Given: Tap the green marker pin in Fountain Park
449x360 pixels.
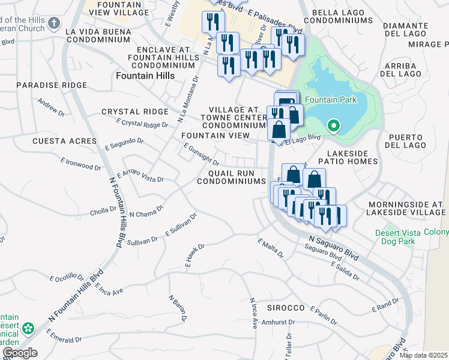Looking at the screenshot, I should [x=334, y=126].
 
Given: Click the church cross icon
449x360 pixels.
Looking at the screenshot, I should [x=53, y=23].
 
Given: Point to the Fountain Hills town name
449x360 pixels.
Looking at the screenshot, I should [x=145, y=76].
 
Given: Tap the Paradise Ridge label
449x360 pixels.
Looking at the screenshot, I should [x=52, y=85].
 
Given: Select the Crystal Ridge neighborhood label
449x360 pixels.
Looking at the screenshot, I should [x=134, y=112].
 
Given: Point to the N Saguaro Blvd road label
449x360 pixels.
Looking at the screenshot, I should [x=334, y=247].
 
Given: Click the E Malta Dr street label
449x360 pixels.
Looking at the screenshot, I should [x=271, y=249].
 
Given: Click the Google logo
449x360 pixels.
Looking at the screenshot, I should [x=20, y=353].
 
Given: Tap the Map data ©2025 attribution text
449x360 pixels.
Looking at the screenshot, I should [x=424, y=355].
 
